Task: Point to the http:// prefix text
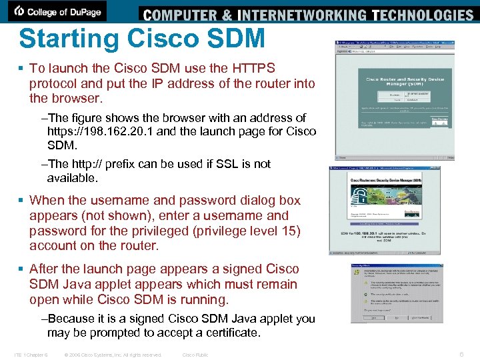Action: (108, 164)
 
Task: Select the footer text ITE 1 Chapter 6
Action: (30, 355)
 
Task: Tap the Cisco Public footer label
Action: (195, 355)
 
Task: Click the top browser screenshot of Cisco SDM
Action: (395, 100)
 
